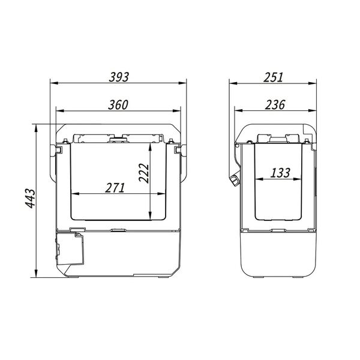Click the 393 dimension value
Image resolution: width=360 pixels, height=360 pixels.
pyautogui.click(x=119, y=77)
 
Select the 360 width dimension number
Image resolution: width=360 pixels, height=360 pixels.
pyautogui.click(x=118, y=104)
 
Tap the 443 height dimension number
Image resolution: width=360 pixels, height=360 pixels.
pyautogui.click(x=31, y=199)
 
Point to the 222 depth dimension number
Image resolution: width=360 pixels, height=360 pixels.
pyautogui.click(x=144, y=173)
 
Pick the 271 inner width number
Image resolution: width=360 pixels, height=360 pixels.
pyautogui.click(x=115, y=188)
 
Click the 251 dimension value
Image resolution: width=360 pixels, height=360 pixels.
pyautogui.click(x=273, y=77)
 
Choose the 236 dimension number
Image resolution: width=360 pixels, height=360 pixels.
pyautogui.click(x=275, y=104)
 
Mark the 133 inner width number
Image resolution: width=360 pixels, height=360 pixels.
pyautogui.click(x=280, y=173)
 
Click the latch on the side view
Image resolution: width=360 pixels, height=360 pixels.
pyautogui.click(x=235, y=180)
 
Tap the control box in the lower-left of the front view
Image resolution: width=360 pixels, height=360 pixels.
pyautogui.click(x=70, y=248)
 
